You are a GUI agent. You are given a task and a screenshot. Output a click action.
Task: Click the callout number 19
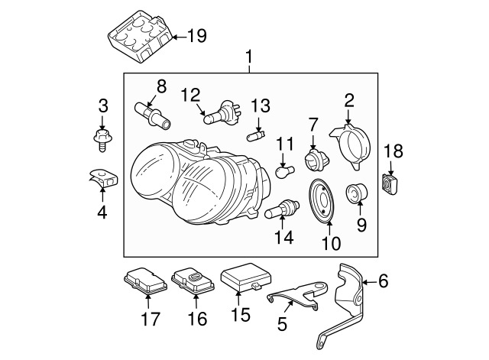(x=196, y=35)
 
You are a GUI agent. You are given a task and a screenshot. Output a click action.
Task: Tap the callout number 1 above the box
(x=250, y=57)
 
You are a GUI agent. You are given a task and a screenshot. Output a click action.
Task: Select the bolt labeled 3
(x=100, y=139)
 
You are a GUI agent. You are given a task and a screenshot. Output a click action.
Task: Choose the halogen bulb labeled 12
(x=219, y=115)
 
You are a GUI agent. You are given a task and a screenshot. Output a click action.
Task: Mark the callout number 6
(x=383, y=282)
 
